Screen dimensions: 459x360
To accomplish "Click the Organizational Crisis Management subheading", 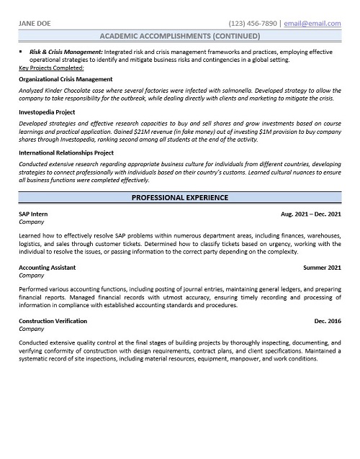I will tap(66, 79).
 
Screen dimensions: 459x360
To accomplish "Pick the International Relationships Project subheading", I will tap(66, 153).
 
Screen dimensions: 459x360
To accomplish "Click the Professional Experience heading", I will tap(179, 197).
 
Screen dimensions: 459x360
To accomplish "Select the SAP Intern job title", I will tap(33, 215).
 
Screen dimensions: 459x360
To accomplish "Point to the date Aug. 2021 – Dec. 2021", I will tap(311, 215).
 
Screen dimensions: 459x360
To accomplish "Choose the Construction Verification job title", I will tap(53, 321).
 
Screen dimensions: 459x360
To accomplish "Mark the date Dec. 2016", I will tap(328, 321).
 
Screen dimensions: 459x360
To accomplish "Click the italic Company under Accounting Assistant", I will tap(32, 276).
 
